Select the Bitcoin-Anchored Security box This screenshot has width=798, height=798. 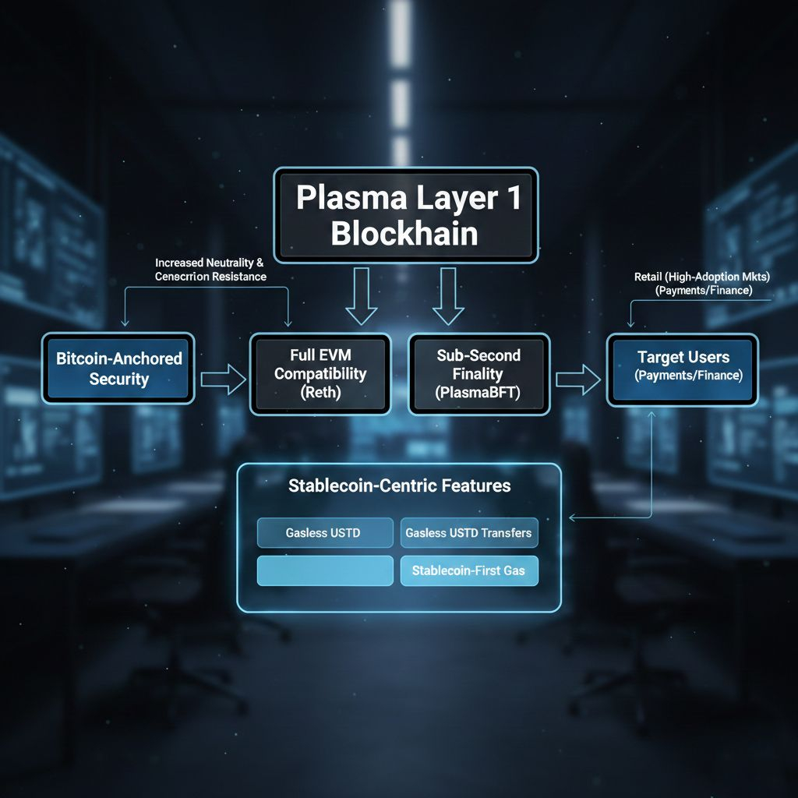coord(118,369)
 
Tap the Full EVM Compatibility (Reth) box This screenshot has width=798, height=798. coord(320,374)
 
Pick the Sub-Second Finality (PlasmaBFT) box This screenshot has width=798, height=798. coord(478,374)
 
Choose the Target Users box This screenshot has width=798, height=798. coord(683,369)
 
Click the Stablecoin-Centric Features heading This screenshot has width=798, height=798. coord(399,486)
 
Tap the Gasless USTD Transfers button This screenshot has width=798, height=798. coord(468,533)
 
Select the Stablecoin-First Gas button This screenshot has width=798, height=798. coord(468,570)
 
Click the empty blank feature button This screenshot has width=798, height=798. coord(325,570)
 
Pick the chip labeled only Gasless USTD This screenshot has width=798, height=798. coord(325,533)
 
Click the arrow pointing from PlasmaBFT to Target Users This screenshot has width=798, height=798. coord(577,380)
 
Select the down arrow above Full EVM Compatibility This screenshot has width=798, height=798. coord(362,296)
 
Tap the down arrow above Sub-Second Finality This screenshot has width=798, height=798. coord(448,296)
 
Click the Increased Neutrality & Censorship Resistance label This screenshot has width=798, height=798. coord(210,270)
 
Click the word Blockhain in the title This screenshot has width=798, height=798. coord(404,234)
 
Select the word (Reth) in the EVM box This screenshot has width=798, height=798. coord(320,393)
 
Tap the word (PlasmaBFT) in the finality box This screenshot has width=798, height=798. coord(478,393)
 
